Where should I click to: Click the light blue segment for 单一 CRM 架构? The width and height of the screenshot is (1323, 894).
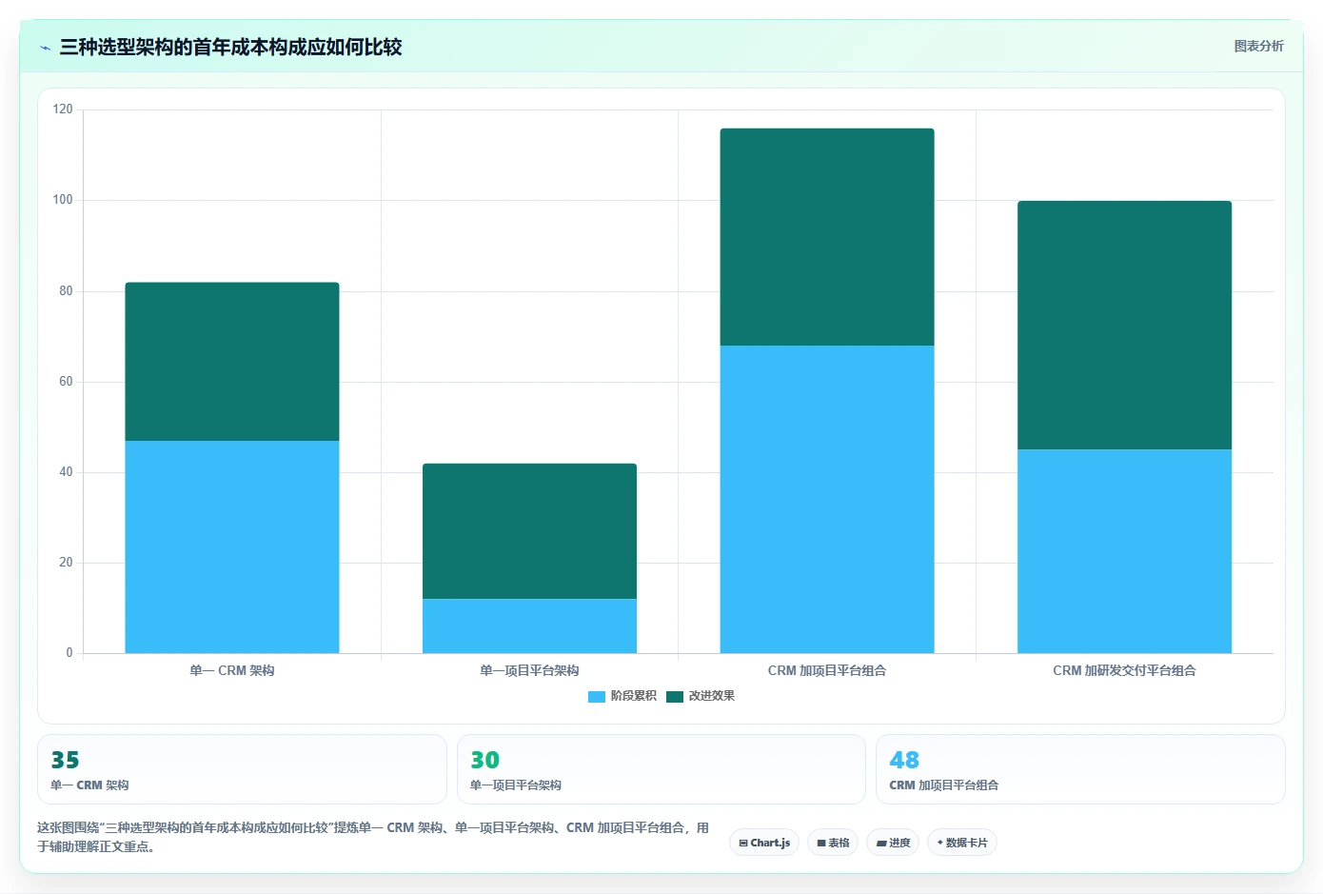(232, 546)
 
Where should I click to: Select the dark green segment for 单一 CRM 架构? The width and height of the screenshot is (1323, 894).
(232, 362)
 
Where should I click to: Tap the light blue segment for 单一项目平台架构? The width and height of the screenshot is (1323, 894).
(530, 626)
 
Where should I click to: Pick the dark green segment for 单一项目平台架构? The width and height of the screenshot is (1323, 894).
(530, 531)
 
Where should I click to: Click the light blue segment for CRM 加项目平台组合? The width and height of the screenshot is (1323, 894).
(827, 499)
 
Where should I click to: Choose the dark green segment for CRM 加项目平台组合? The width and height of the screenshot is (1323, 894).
(827, 237)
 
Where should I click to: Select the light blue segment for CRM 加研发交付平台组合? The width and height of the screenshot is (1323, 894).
(1125, 551)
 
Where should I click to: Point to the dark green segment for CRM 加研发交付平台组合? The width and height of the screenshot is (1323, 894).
(1125, 325)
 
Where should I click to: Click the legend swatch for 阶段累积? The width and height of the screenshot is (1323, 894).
(597, 697)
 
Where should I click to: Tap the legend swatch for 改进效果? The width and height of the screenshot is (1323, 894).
(675, 697)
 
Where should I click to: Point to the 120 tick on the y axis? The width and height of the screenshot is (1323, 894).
(63, 109)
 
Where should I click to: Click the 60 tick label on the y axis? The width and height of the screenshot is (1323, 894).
(66, 382)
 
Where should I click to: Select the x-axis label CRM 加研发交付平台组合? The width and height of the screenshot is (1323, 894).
(1125, 670)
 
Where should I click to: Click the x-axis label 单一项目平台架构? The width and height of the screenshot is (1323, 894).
(529, 670)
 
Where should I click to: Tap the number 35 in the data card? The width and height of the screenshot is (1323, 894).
(65, 760)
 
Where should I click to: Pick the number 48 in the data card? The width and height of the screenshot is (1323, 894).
(904, 760)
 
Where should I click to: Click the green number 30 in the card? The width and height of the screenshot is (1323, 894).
(484, 760)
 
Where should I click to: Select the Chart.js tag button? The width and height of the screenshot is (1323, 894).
(764, 843)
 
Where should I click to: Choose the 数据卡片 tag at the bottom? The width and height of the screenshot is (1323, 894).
(962, 843)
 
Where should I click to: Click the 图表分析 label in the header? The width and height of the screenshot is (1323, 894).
(1258, 46)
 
